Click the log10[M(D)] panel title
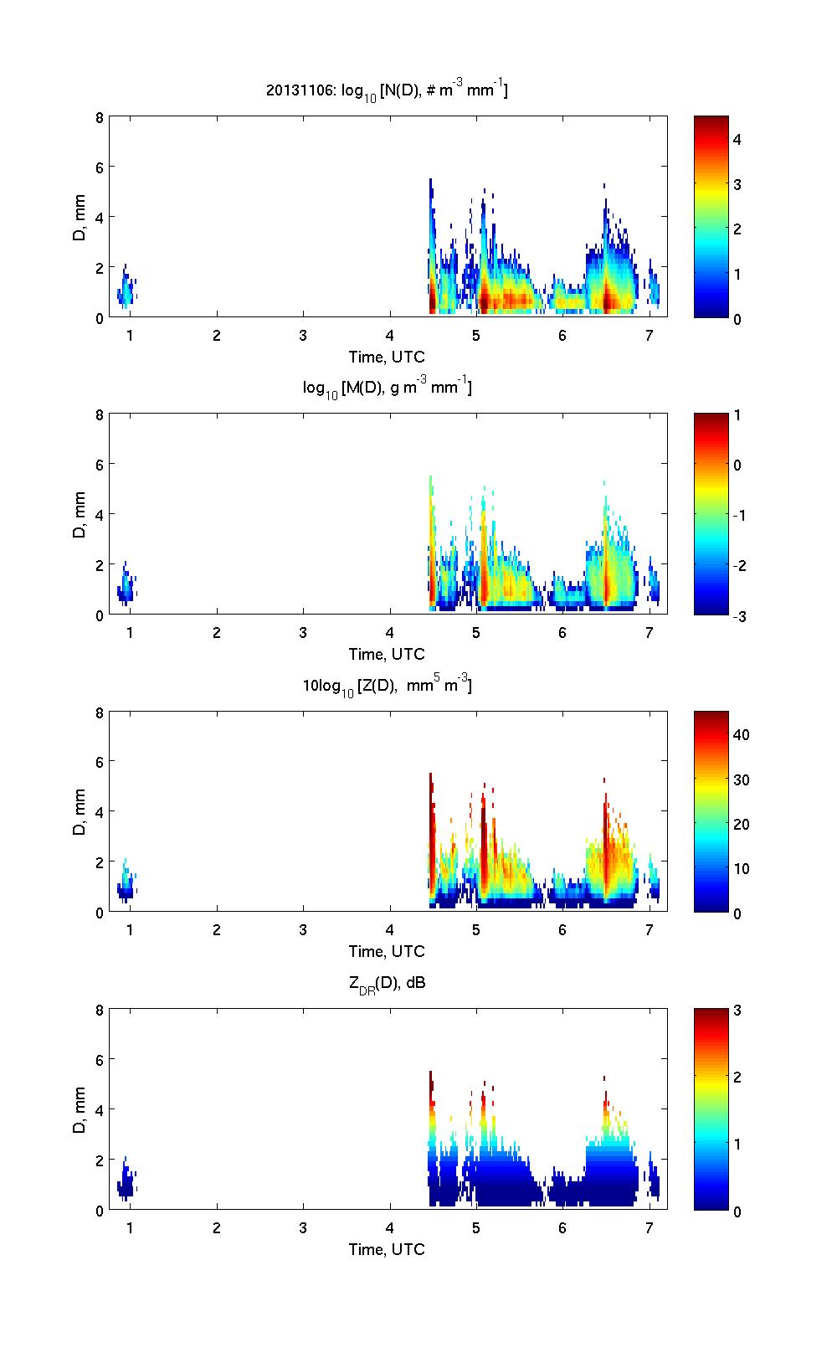coord(387,388)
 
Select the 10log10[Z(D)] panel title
coord(387,686)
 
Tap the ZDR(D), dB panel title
coord(387,983)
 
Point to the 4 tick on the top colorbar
coord(737,140)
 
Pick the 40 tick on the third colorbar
coord(741,735)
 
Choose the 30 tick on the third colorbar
coord(741,780)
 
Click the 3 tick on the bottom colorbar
coord(737,1011)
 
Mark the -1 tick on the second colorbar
coord(739,516)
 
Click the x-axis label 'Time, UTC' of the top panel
coord(387,358)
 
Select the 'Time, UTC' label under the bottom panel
coord(387,1250)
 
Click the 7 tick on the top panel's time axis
coord(650,336)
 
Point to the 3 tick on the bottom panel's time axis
coord(303,1228)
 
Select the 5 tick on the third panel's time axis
coord(476,930)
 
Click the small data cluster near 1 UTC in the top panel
coord(126,290)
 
